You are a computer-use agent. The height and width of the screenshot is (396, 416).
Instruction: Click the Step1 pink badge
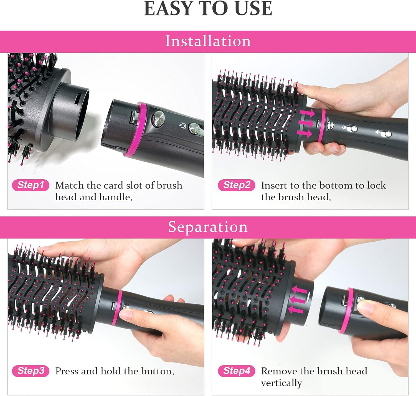[x=31, y=185]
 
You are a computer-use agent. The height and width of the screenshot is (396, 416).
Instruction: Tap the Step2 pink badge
[x=236, y=185]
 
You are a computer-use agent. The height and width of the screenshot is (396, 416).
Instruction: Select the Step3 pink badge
[x=31, y=371]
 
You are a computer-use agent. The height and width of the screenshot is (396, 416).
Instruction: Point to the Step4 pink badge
[x=236, y=371]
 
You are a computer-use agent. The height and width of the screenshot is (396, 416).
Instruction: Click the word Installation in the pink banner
[x=208, y=41]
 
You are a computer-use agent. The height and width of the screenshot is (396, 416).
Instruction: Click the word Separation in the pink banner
[x=208, y=227]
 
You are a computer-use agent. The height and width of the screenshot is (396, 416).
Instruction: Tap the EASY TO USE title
[x=208, y=9]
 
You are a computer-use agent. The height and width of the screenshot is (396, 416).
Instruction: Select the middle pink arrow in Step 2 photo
[x=306, y=123]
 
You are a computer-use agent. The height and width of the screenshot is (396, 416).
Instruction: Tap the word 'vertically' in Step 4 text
[x=281, y=383]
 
